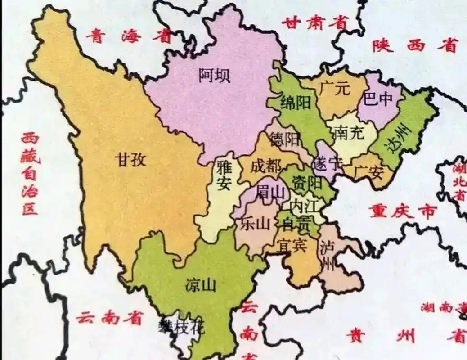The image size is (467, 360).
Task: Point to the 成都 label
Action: [265, 167]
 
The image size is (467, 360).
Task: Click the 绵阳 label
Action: [296, 103]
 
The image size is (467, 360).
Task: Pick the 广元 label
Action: [335, 89]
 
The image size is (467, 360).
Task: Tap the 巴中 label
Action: [378, 99]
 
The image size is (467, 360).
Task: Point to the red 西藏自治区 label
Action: [30, 174]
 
